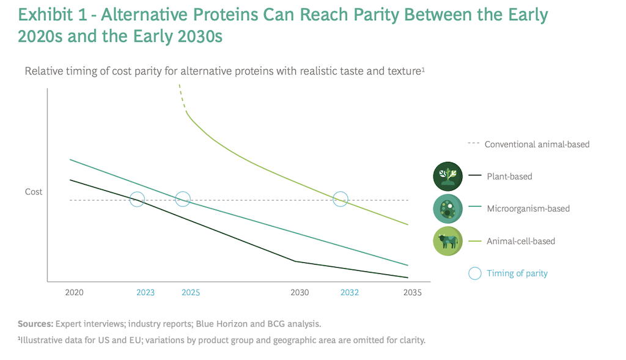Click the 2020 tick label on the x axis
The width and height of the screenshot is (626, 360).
click(74, 292)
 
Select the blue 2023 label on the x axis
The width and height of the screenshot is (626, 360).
click(145, 292)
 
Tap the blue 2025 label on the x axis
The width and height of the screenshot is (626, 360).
click(191, 292)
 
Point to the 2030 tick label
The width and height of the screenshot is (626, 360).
click(300, 292)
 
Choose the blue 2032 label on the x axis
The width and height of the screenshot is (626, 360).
click(350, 292)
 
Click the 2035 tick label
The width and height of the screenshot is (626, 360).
click(413, 292)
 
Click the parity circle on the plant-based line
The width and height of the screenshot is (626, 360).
click(138, 199)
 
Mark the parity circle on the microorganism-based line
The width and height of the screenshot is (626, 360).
click(183, 199)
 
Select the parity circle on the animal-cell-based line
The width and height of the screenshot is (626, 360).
click(341, 199)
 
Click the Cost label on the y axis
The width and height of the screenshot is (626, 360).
click(34, 192)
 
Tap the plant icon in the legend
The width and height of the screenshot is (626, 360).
click(448, 177)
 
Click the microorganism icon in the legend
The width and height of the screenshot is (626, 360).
click(448, 209)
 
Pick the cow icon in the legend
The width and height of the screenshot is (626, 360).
click(448, 241)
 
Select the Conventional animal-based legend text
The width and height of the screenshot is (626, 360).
click(537, 145)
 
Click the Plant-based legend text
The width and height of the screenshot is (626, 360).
click(509, 177)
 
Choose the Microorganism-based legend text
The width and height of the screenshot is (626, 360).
click(528, 209)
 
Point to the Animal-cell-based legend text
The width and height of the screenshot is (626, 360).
click(521, 241)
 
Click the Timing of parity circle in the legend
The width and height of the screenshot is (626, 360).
click(474, 273)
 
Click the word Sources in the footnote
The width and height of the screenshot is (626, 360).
click(35, 324)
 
